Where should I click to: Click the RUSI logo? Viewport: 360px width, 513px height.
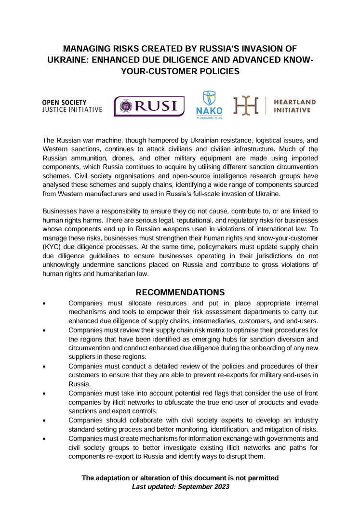click(x=149, y=106)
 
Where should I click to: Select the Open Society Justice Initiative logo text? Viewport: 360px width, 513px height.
click(x=72, y=106)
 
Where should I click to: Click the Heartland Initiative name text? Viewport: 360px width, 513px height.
click(x=294, y=106)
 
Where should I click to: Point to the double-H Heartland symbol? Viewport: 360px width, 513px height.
click(x=246, y=106)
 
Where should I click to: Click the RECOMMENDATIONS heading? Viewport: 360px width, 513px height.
click(x=180, y=292)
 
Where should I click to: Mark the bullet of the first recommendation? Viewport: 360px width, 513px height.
click(x=44, y=303)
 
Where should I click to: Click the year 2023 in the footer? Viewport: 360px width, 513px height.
click(x=220, y=487)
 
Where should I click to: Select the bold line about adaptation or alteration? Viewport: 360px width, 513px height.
click(x=180, y=478)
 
